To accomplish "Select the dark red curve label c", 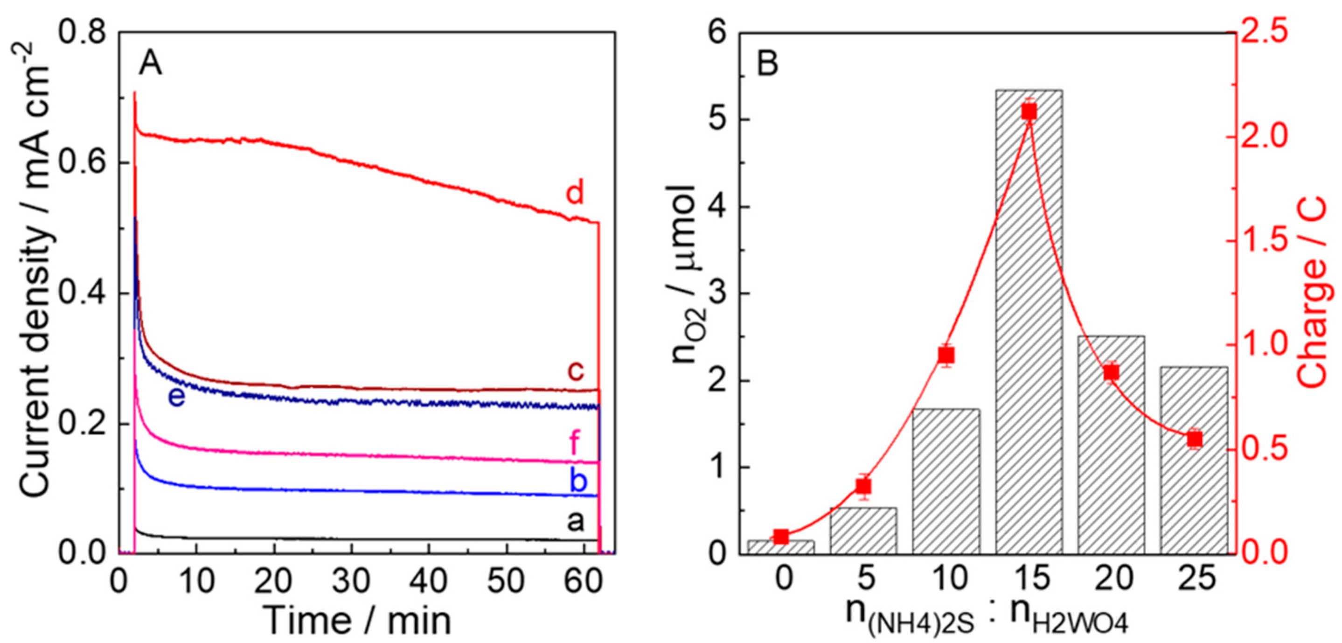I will [x=575, y=371].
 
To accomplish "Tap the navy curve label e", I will [x=177, y=397].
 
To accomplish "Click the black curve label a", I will [x=575, y=521].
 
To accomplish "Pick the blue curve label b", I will [x=578, y=482].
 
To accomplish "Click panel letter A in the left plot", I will [x=151, y=65].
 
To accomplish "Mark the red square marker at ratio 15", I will [x=1029, y=112].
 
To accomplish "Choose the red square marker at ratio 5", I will [x=864, y=486].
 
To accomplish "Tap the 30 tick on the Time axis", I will [x=351, y=580].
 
